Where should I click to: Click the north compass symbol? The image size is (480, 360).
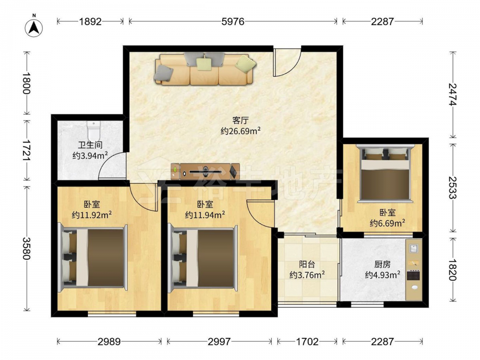[34, 27]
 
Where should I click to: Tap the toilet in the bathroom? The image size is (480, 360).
[94, 131]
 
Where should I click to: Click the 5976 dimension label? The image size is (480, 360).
[233, 22]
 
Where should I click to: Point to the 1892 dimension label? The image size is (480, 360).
[90, 22]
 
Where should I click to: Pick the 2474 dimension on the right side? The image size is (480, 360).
[453, 95]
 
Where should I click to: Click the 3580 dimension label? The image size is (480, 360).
[26, 248]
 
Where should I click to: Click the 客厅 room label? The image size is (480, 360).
[240, 120]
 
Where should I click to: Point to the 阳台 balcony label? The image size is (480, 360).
[307, 264]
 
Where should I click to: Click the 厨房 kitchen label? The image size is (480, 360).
[383, 264]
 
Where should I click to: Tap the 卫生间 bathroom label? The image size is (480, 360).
[90, 145]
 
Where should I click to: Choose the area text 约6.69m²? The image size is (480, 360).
[387, 223]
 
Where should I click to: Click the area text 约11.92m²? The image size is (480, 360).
[92, 215]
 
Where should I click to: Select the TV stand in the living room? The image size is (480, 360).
[205, 171]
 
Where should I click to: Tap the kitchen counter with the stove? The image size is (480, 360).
[414, 270]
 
